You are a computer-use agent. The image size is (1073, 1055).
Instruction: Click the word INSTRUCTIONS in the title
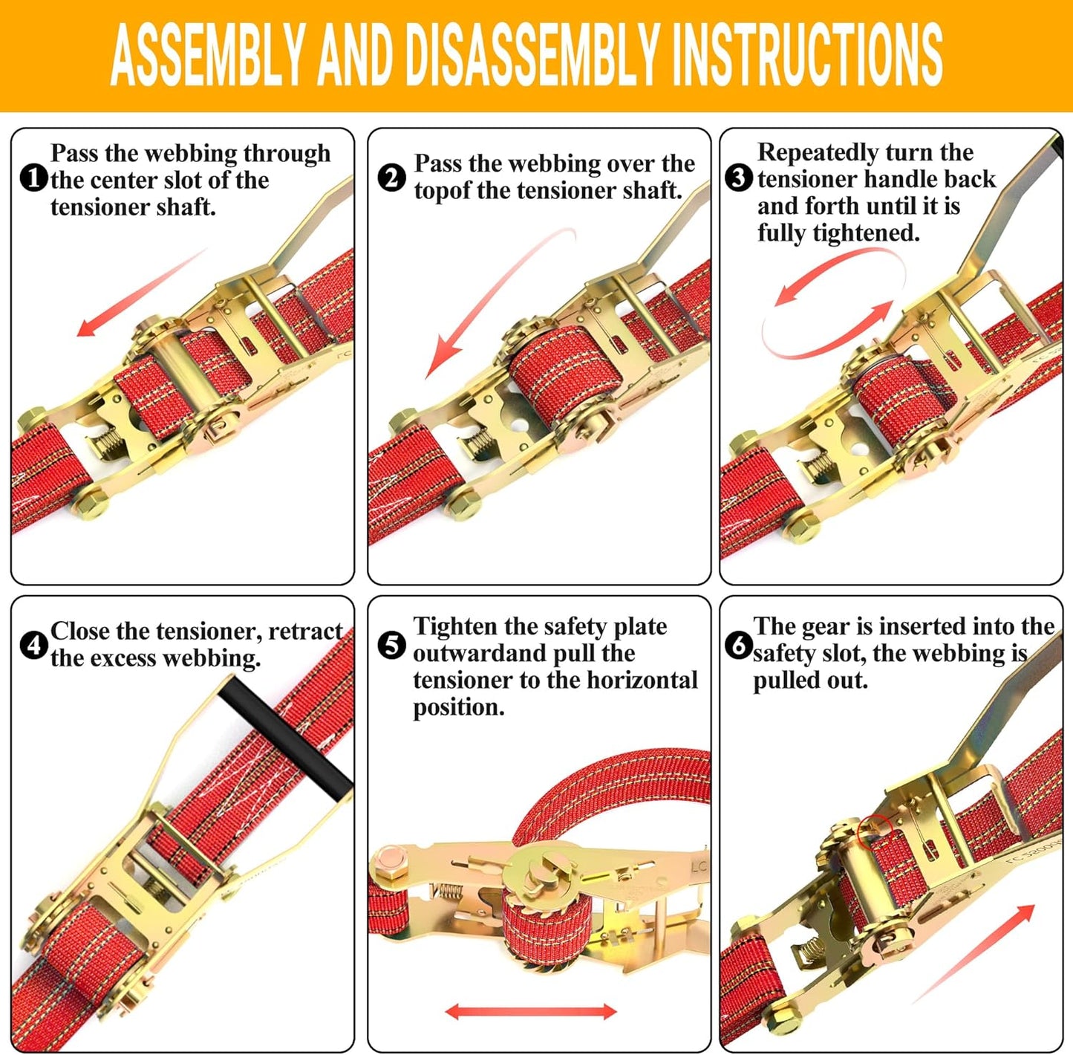[806, 55]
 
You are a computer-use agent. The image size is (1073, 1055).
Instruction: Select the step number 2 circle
[392, 178]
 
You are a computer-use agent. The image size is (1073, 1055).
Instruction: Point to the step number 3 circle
[738, 178]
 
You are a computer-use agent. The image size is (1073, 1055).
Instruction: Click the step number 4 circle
[33, 646]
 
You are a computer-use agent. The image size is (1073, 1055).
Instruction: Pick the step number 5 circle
[391, 646]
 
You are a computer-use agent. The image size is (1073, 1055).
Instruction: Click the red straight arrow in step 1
[141, 293]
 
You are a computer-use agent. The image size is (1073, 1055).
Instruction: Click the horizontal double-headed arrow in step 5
[530, 1010]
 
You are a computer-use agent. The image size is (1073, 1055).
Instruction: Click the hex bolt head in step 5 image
[388, 863]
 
